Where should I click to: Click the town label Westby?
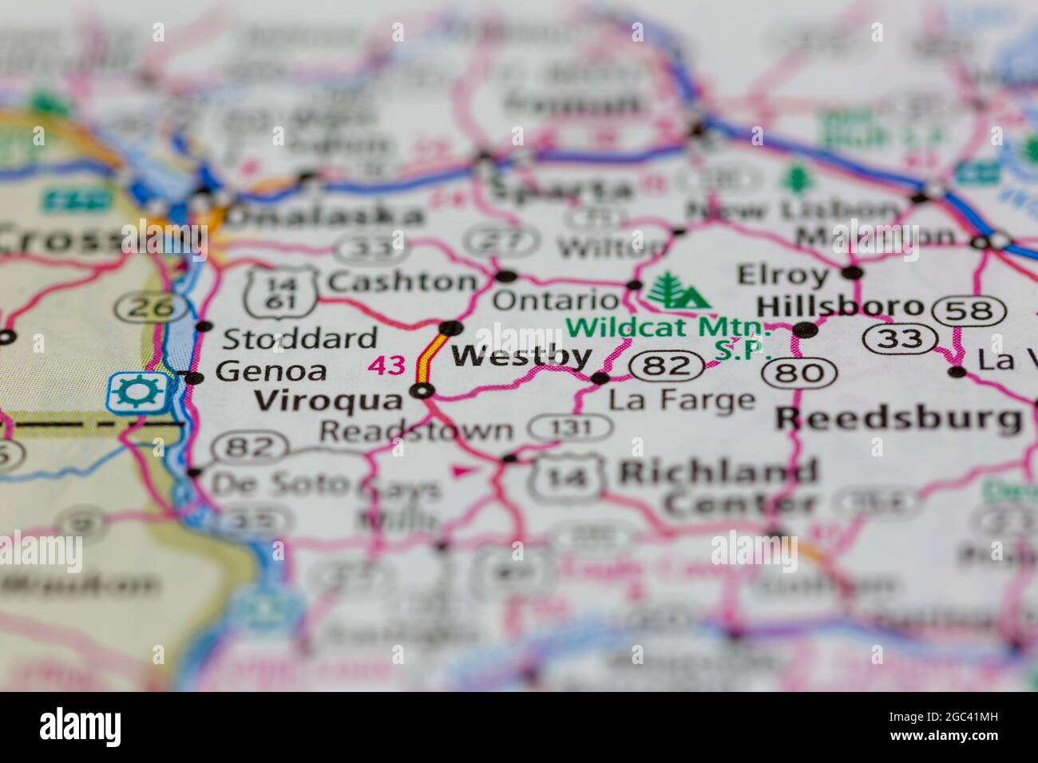pos(522,356)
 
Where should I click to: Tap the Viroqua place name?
pos(329,400)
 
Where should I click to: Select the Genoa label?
pos(271,370)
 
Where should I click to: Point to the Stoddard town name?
pos(299,338)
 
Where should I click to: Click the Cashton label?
pos(402,281)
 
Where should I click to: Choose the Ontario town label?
pos(556,300)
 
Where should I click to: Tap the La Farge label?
pos(681,400)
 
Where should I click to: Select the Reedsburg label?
pos(899,417)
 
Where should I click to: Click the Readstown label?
pos(416,431)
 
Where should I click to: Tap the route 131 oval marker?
pos(572,428)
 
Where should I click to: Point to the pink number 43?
pos(386,366)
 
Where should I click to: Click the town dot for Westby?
pos(451,327)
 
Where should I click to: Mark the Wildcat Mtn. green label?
pos(669,327)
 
